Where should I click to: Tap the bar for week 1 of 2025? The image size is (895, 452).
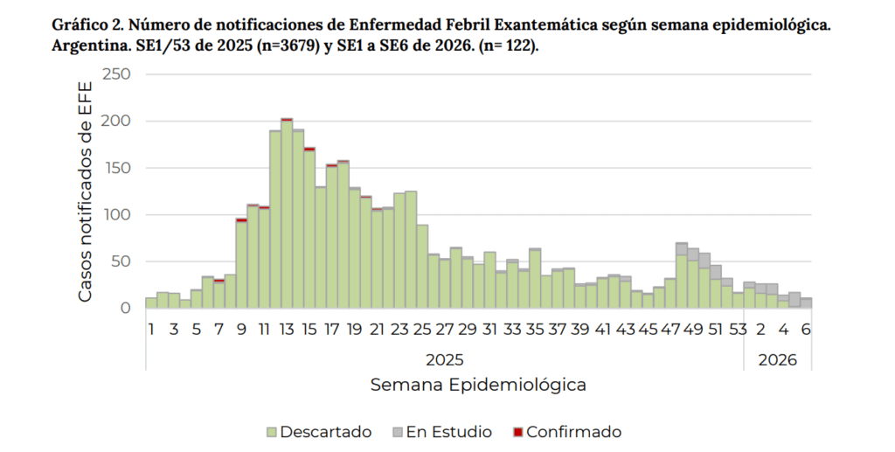tap(151, 302)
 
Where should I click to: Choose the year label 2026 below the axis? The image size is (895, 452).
tap(777, 359)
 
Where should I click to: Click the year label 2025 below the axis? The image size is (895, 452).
tap(445, 359)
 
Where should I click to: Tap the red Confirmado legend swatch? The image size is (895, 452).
tap(517, 432)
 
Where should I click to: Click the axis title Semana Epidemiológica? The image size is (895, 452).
tap(478, 385)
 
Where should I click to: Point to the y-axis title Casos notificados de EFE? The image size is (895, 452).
tap(86, 191)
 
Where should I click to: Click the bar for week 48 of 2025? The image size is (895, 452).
tap(682, 280)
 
